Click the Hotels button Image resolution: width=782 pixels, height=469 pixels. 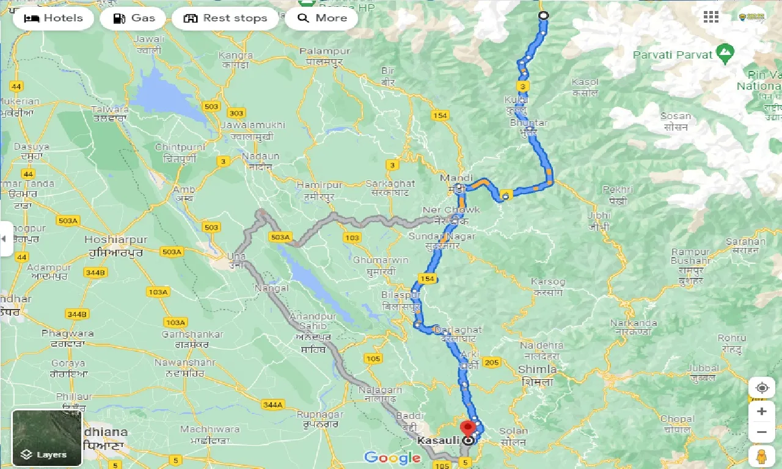53,18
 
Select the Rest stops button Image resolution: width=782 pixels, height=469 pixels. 225,18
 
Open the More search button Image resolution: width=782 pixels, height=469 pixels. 322,18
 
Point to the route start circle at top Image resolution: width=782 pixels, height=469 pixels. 543,16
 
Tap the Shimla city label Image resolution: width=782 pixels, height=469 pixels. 537,369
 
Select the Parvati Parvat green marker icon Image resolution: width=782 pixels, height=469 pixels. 725,54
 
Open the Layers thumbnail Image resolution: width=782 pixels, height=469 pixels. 47,437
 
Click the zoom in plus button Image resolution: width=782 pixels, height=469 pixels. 761,412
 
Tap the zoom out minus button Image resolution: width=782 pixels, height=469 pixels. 761,432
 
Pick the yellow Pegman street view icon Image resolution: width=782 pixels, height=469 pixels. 761,456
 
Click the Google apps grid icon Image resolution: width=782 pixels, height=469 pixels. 711,17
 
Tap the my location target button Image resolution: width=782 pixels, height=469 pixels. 761,388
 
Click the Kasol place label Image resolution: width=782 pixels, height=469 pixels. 585,82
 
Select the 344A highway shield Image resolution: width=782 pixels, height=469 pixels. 272,404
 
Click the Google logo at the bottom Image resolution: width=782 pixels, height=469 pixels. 392,457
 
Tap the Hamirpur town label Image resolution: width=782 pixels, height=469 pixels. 319,184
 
